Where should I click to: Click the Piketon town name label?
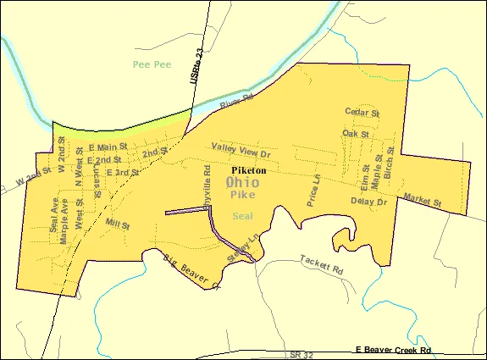[248, 170]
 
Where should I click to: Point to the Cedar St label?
[362, 111]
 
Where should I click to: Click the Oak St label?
[356, 134]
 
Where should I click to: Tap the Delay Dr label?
[368, 201]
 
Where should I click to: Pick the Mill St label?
[118, 226]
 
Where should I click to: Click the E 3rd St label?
[121, 173]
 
